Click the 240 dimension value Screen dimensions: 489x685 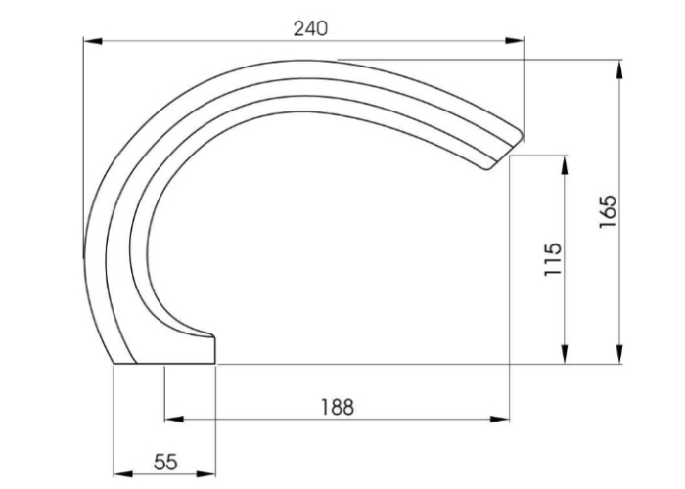point(311,27)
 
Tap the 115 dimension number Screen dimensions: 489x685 point(553,260)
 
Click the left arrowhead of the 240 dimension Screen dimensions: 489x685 point(89,41)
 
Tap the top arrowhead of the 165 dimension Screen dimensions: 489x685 point(620,66)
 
